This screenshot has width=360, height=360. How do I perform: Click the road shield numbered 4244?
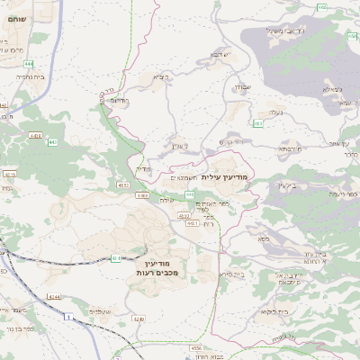55,296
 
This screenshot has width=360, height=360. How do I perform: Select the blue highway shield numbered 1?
67,317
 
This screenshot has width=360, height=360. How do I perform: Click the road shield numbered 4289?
138,318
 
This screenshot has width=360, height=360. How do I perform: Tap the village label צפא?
263,238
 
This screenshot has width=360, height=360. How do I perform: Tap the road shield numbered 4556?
196,346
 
